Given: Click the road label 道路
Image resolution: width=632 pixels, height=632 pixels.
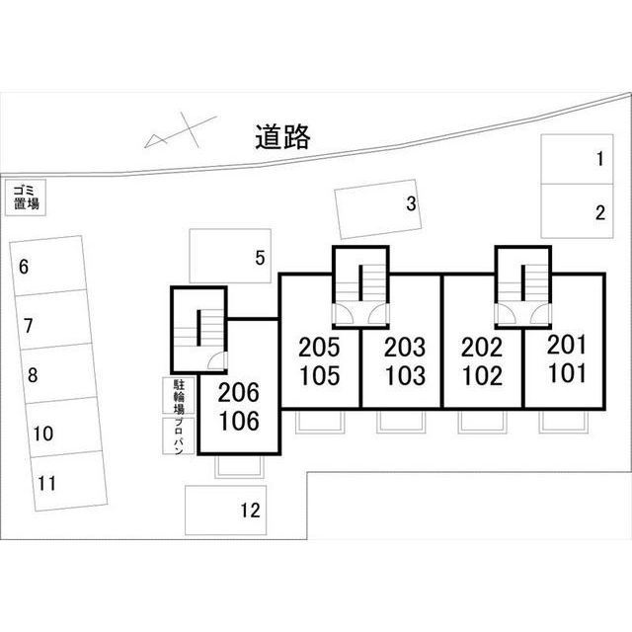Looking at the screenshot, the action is pos(281,137).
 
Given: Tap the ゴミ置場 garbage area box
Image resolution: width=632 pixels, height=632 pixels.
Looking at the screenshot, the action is pos(27,197).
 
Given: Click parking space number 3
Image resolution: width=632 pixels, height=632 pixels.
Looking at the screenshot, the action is pos(378,207).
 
